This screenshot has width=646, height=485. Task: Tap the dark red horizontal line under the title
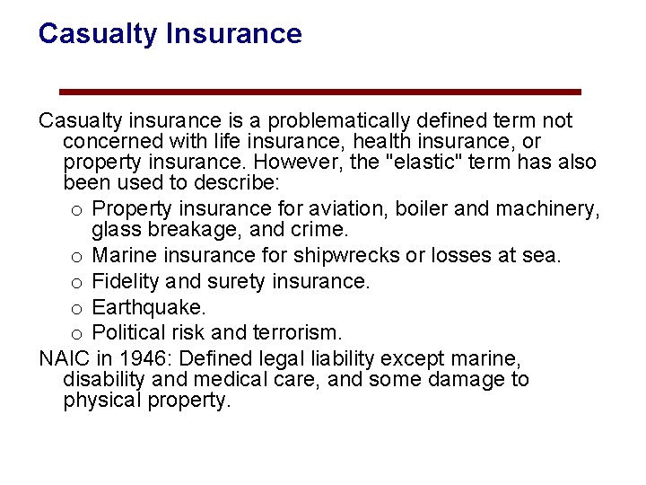(x=320, y=92)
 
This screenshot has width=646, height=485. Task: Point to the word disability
(x=99, y=380)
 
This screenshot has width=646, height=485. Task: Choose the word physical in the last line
(x=99, y=401)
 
